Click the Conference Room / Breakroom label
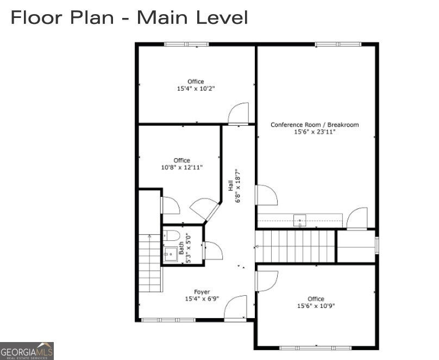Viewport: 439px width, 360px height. click(x=315, y=125)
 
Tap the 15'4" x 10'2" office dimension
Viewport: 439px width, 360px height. click(x=196, y=89)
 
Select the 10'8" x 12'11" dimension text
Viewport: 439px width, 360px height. click(x=181, y=167)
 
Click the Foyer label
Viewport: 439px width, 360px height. click(x=202, y=292)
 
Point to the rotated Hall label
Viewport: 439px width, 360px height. click(x=231, y=186)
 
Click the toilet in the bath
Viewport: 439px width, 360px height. click(x=171, y=235)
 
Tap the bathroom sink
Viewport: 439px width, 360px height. click(x=171, y=255)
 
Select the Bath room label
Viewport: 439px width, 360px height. click(x=181, y=248)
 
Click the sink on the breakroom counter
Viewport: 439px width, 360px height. click(x=299, y=220)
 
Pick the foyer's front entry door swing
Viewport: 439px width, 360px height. click(x=236, y=307)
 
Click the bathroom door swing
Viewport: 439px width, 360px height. click(x=214, y=250)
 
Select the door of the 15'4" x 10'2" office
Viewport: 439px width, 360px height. click(x=239, y=114)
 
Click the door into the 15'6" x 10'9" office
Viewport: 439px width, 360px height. click(x=267, y=281)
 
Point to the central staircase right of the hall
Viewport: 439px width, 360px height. click(x=296, y=246)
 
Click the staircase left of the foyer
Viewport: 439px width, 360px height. click(x=150, y=263)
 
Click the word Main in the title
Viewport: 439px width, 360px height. click(x=162, y=17)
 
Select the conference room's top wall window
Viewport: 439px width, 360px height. click(x=338, y=44)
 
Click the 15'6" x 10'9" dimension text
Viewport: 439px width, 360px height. click(x=316, y=306)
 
